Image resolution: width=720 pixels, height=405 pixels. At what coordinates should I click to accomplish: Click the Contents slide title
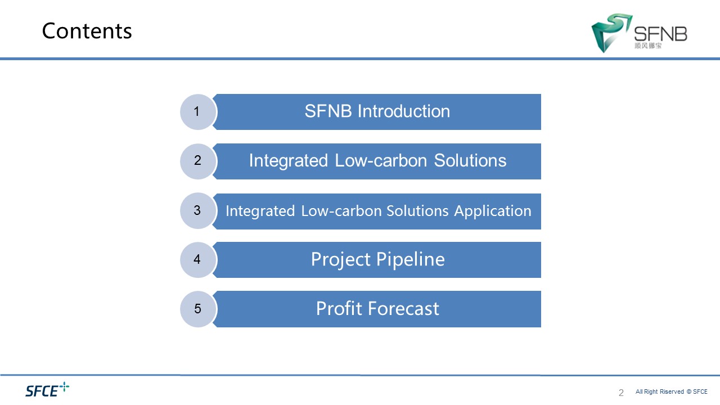[87, 31]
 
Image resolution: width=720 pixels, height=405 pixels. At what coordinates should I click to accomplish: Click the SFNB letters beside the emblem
[660, 34]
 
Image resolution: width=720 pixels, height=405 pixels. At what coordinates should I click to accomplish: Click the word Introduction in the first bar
[404, 111]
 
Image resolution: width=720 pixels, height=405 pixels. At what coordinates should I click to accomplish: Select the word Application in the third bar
[493, 211]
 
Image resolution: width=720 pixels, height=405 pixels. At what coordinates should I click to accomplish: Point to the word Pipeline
[411, 260]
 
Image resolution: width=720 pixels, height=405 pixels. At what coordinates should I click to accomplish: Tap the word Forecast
[403, 309]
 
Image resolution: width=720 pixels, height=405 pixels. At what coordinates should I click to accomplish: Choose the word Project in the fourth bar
[341, 260]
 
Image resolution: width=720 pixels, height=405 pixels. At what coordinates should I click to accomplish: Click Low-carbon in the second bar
[381, 160]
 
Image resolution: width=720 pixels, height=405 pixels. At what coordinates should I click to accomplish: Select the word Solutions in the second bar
[470, 160]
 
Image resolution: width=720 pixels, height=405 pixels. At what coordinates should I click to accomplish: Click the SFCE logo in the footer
[47, 390]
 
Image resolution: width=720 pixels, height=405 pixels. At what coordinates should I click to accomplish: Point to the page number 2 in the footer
[621, 393]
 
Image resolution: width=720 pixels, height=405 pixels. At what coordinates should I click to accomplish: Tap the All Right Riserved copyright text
[672, 391]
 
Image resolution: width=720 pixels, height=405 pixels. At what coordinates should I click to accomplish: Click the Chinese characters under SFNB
[648, 46]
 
